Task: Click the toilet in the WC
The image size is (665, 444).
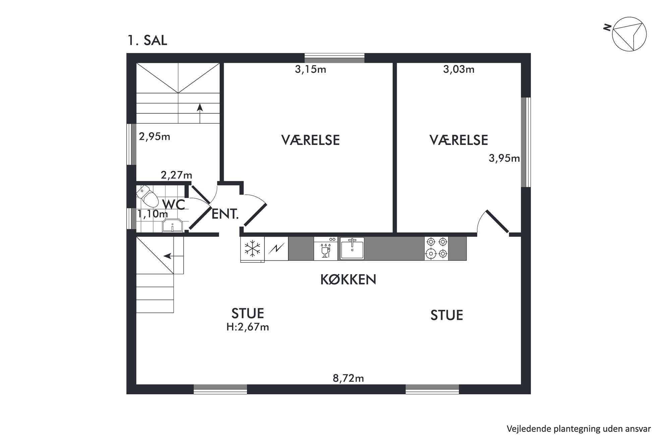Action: coord(148,196)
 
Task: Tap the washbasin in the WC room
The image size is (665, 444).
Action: coord(172,226)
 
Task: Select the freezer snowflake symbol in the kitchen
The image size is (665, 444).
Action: coord(252,249)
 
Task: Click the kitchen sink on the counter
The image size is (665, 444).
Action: coord(352,248)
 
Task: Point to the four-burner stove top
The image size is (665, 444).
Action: coord(436,249)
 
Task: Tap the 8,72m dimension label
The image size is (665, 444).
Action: coord(348,378)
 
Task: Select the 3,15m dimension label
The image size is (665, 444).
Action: coord(310,69)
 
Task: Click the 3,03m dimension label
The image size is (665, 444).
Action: coord(459,69)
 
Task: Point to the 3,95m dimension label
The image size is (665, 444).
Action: coord(504,158)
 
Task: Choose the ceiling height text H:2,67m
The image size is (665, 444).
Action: coord(248,327)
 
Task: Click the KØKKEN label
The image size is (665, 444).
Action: coord(348,280)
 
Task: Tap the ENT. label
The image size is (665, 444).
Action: coord(225,214)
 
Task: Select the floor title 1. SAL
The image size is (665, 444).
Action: coord(147,41)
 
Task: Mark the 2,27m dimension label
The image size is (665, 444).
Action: coord(177,175)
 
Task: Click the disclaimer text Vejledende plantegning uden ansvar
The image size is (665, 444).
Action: coord(579,429)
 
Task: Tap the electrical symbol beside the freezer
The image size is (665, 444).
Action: coord(277,249)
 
